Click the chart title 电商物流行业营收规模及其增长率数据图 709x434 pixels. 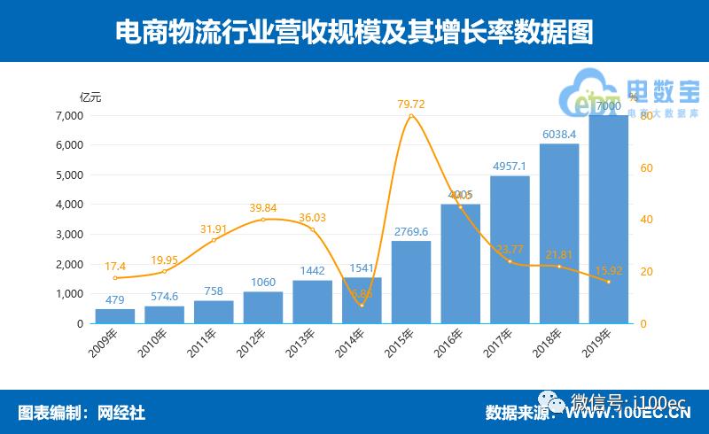tap(354, 31)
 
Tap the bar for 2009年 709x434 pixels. tap(114, 315)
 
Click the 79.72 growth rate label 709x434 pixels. tap(410, 105)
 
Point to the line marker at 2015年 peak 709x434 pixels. tap(410, 116)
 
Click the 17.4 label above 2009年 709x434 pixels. tap(114, 266)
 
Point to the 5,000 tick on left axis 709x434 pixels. tap(68, 174)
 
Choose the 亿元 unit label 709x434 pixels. tap(90, 97)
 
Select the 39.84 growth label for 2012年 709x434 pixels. tap(262, 206)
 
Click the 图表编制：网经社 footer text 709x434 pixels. tap(82, 412)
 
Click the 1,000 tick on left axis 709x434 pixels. tap(68, 293)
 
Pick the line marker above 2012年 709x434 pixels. tap(262, 219)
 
